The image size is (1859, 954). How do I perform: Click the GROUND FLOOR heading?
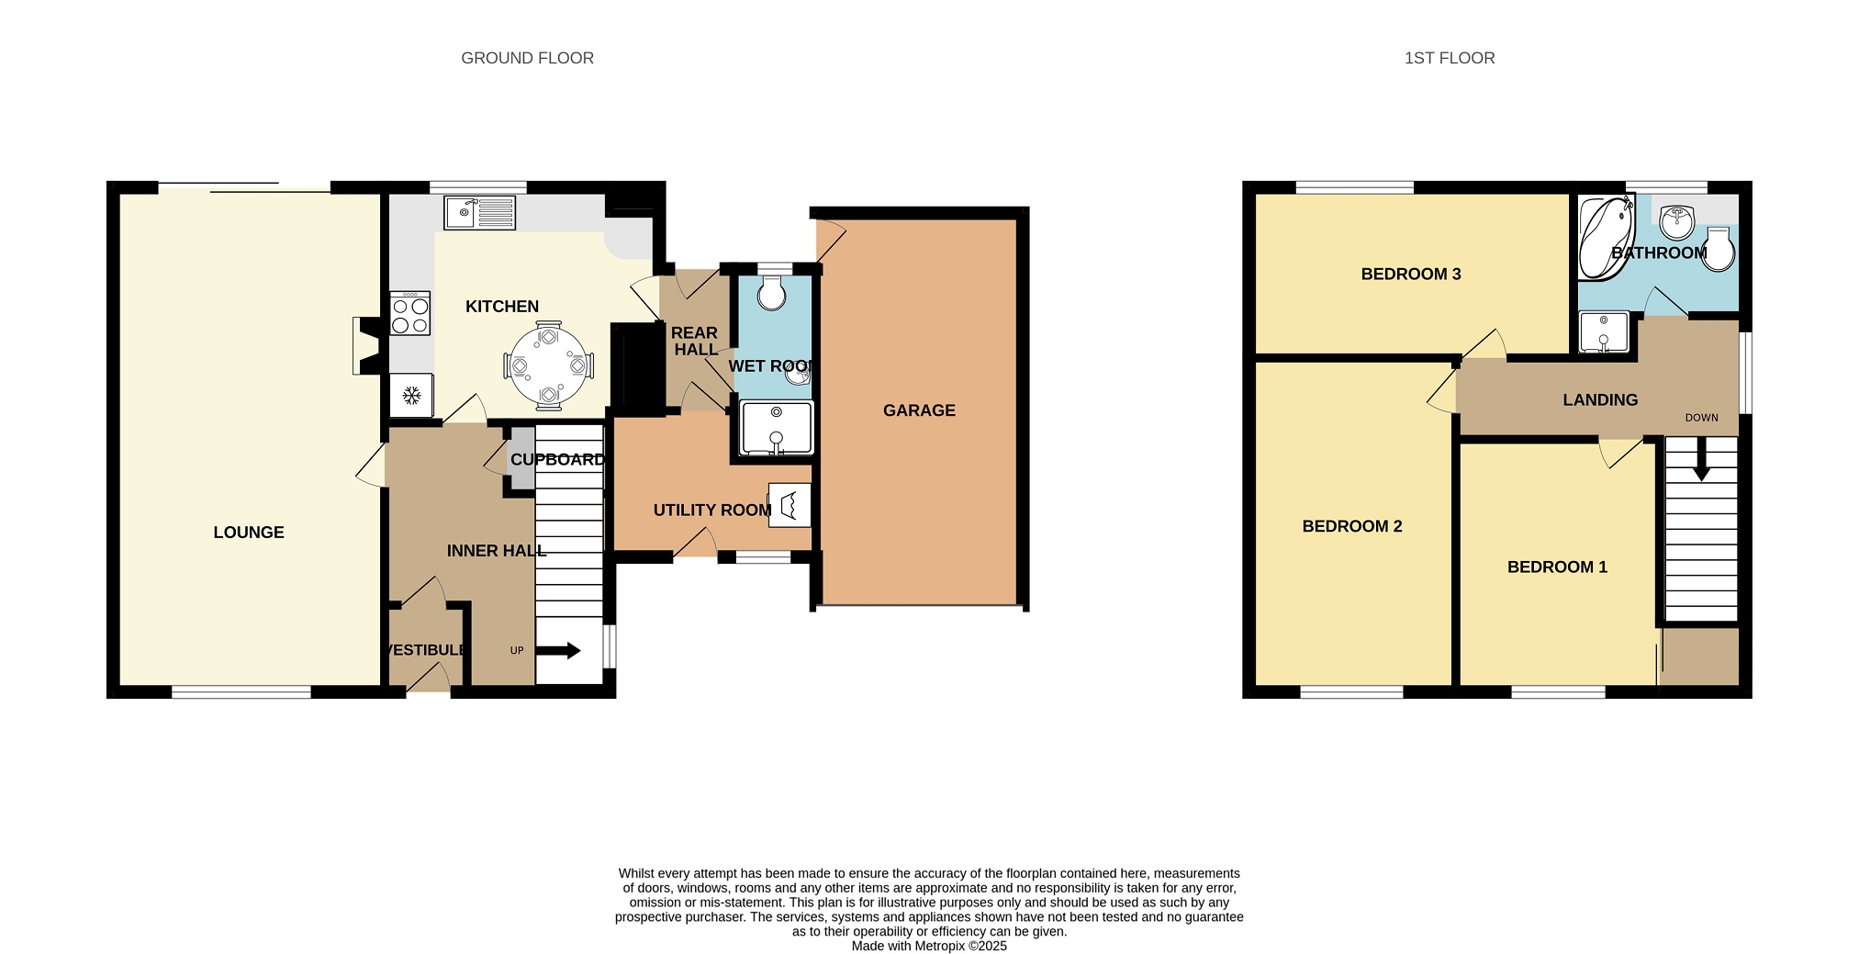click(527, 58)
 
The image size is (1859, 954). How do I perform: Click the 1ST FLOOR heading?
click(1450, 58)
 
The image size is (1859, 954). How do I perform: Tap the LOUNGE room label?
click(249, 533)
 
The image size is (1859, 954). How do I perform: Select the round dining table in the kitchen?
click(549, 365)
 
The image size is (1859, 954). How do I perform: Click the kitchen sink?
click(480, 213)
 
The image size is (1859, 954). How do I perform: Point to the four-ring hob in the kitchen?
click(409, 313)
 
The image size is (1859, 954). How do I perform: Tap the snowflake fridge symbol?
click(412, 396)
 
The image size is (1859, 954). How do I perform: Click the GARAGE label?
click(919, 410)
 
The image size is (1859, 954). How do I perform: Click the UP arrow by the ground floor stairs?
click(557, 651)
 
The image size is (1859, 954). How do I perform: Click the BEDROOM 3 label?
click(1411, 274)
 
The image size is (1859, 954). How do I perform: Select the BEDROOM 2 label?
click(1352, 526)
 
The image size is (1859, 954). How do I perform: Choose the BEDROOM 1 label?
click(1557, 567)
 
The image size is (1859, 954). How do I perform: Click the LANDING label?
click(1600, 400)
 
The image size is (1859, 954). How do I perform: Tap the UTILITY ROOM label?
click(712, 511)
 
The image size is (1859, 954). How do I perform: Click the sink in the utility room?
click(790, 505)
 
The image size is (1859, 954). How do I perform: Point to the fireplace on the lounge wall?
click(366, 345)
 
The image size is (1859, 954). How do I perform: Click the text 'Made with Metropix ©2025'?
click(929, 946)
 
